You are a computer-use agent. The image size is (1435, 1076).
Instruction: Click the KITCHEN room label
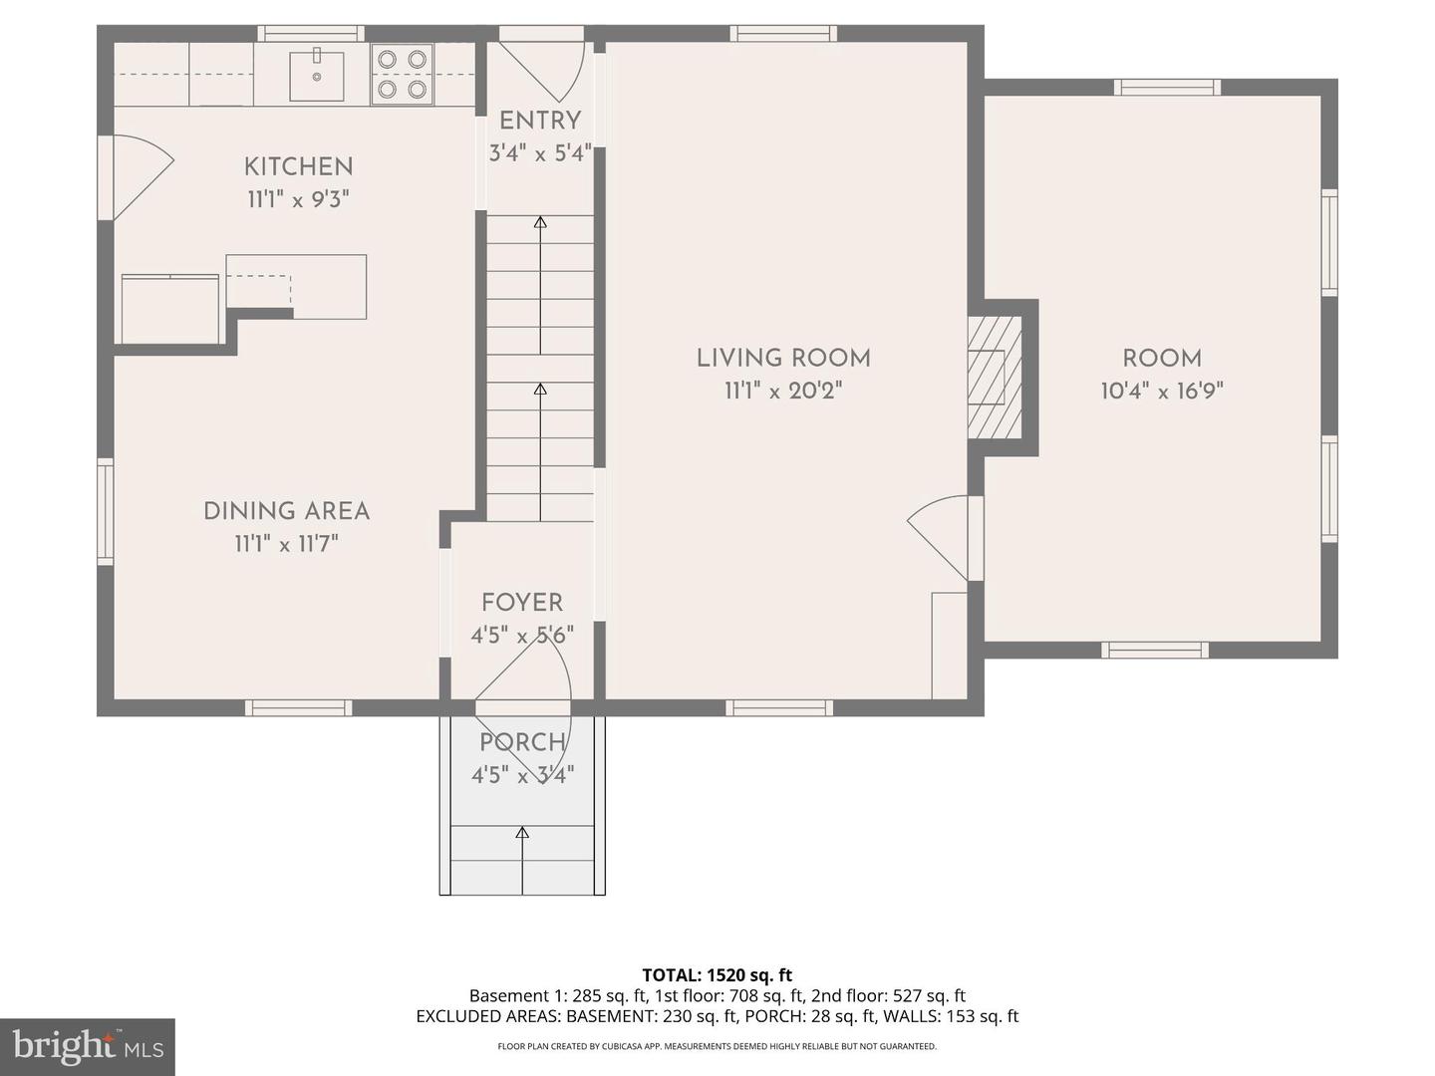tap(298, 166)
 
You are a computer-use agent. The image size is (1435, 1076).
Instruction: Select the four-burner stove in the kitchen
tap(403, 75)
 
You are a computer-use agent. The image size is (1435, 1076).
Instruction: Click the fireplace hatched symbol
tap(994, 377)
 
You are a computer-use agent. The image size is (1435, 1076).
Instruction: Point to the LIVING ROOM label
tap(783, 359)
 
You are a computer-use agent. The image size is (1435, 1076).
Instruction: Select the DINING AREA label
tap(287, 511)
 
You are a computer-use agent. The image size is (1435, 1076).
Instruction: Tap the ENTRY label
tap(540, 121)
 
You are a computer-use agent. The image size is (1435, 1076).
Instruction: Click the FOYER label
tap(522, 603)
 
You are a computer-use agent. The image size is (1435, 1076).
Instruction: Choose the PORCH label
tap(522, 742)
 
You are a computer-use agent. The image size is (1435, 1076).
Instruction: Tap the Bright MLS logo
tap(88, 1046)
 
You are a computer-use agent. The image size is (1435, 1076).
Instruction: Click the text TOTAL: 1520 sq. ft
tap(717, 975)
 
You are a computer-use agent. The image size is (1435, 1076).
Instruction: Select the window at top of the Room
tap(1167, 88)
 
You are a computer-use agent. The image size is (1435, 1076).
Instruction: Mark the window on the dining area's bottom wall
tap(299, 707)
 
